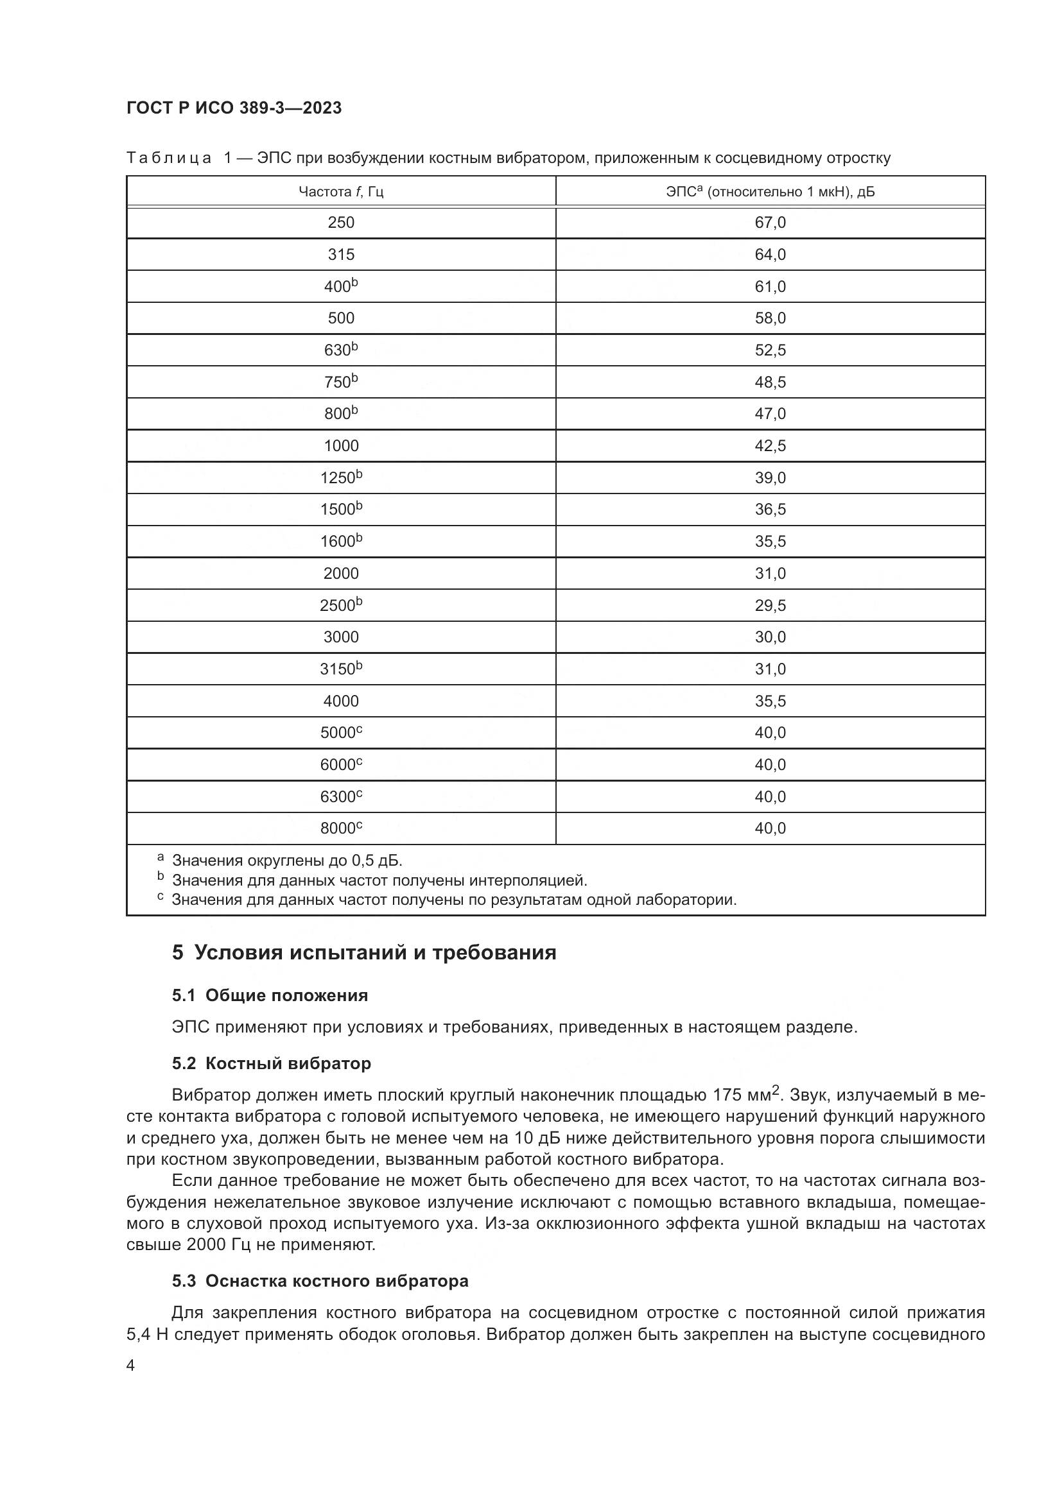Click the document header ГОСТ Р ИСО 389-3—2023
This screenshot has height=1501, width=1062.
click(234, 108)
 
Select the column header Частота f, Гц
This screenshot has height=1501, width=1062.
click(341, 191)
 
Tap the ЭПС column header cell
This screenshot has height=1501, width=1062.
click(770, 191)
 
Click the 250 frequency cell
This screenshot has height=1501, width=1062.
click(341, 222)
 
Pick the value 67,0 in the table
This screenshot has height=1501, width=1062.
click(770, 222)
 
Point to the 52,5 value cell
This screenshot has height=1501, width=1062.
click(770, 350)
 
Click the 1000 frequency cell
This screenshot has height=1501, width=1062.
click(341, 446)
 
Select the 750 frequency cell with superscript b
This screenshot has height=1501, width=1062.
click(341, 382)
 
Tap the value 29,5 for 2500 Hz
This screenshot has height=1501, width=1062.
click(770, 605)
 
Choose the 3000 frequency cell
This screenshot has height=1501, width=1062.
click(341, 637)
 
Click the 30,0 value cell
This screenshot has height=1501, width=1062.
click(770, 637)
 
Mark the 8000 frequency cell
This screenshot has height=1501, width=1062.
click(341, 828)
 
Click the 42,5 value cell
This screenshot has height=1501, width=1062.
click(770, 446)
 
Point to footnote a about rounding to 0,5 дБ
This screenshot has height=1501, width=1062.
click(286, 861)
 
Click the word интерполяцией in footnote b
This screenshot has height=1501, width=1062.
click(528, 880)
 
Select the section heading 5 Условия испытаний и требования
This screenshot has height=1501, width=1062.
click(363, 952)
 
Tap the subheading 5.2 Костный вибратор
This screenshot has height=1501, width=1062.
click(272, 1063)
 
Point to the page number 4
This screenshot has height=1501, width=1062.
click(131, 1366)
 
